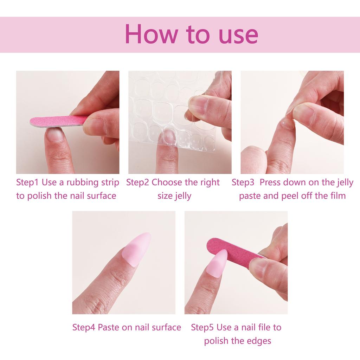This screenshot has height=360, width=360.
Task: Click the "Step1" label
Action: [28, 182]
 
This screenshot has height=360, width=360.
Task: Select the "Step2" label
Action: [137, 182]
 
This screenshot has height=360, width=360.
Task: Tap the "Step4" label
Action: [84, 327]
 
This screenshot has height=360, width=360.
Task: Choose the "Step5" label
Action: [202, 327]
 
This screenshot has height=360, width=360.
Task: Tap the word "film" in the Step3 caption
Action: [337, 196]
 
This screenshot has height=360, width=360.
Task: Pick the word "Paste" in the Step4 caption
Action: [108, 327]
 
